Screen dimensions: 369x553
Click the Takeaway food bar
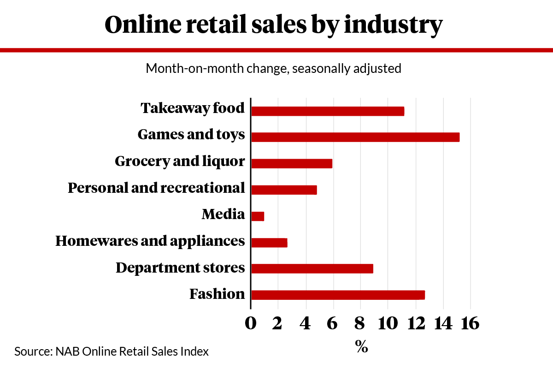(x=328, y=111)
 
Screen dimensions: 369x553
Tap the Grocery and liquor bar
(x=292, y=163)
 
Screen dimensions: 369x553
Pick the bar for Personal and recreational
(x=284, y=190)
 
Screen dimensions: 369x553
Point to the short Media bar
(x=258, y=216)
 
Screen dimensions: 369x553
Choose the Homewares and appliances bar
(x=269, y=243)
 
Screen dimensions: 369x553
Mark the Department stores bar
(x=312, y=268)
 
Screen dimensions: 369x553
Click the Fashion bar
(x=338, y=295)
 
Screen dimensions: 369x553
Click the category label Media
(x=223, y=214)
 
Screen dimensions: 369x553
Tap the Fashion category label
(x=217, y=294)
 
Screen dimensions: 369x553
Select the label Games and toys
(x=191, y=135)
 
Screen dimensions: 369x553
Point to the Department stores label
(x=180, y=268)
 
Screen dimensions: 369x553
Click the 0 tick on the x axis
(x=251, y=323)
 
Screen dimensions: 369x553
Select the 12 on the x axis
(x=415, y=323)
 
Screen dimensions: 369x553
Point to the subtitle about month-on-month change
(x=274, y=69)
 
